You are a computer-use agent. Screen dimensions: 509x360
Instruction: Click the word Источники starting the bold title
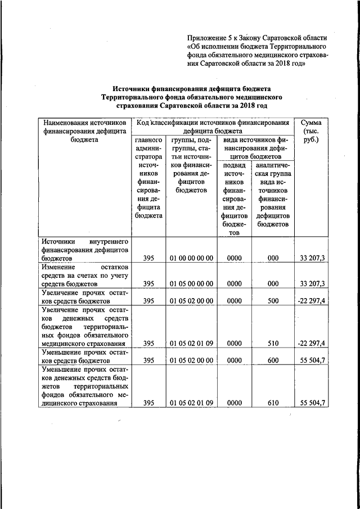pyautogui.click(x=133, y=89)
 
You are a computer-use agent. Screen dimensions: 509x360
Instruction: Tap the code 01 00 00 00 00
pyautogui.click(x=191, y=258)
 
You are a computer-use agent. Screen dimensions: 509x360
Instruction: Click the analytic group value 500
pyautogui.click(x=273, y=301)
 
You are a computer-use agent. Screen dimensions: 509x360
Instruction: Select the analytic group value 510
pyautogui.click(x=273, y=343)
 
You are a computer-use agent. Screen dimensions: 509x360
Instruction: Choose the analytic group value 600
pyautogui.click(x=273, y=361)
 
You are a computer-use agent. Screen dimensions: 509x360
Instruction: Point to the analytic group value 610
pyautogui.click(x=273, y=403)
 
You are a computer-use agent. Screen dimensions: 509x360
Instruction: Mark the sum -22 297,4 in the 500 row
pyautogui.click(x=312, y=301)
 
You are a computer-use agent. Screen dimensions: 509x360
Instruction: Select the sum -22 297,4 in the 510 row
pyautogui.click(x=312, y=343)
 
